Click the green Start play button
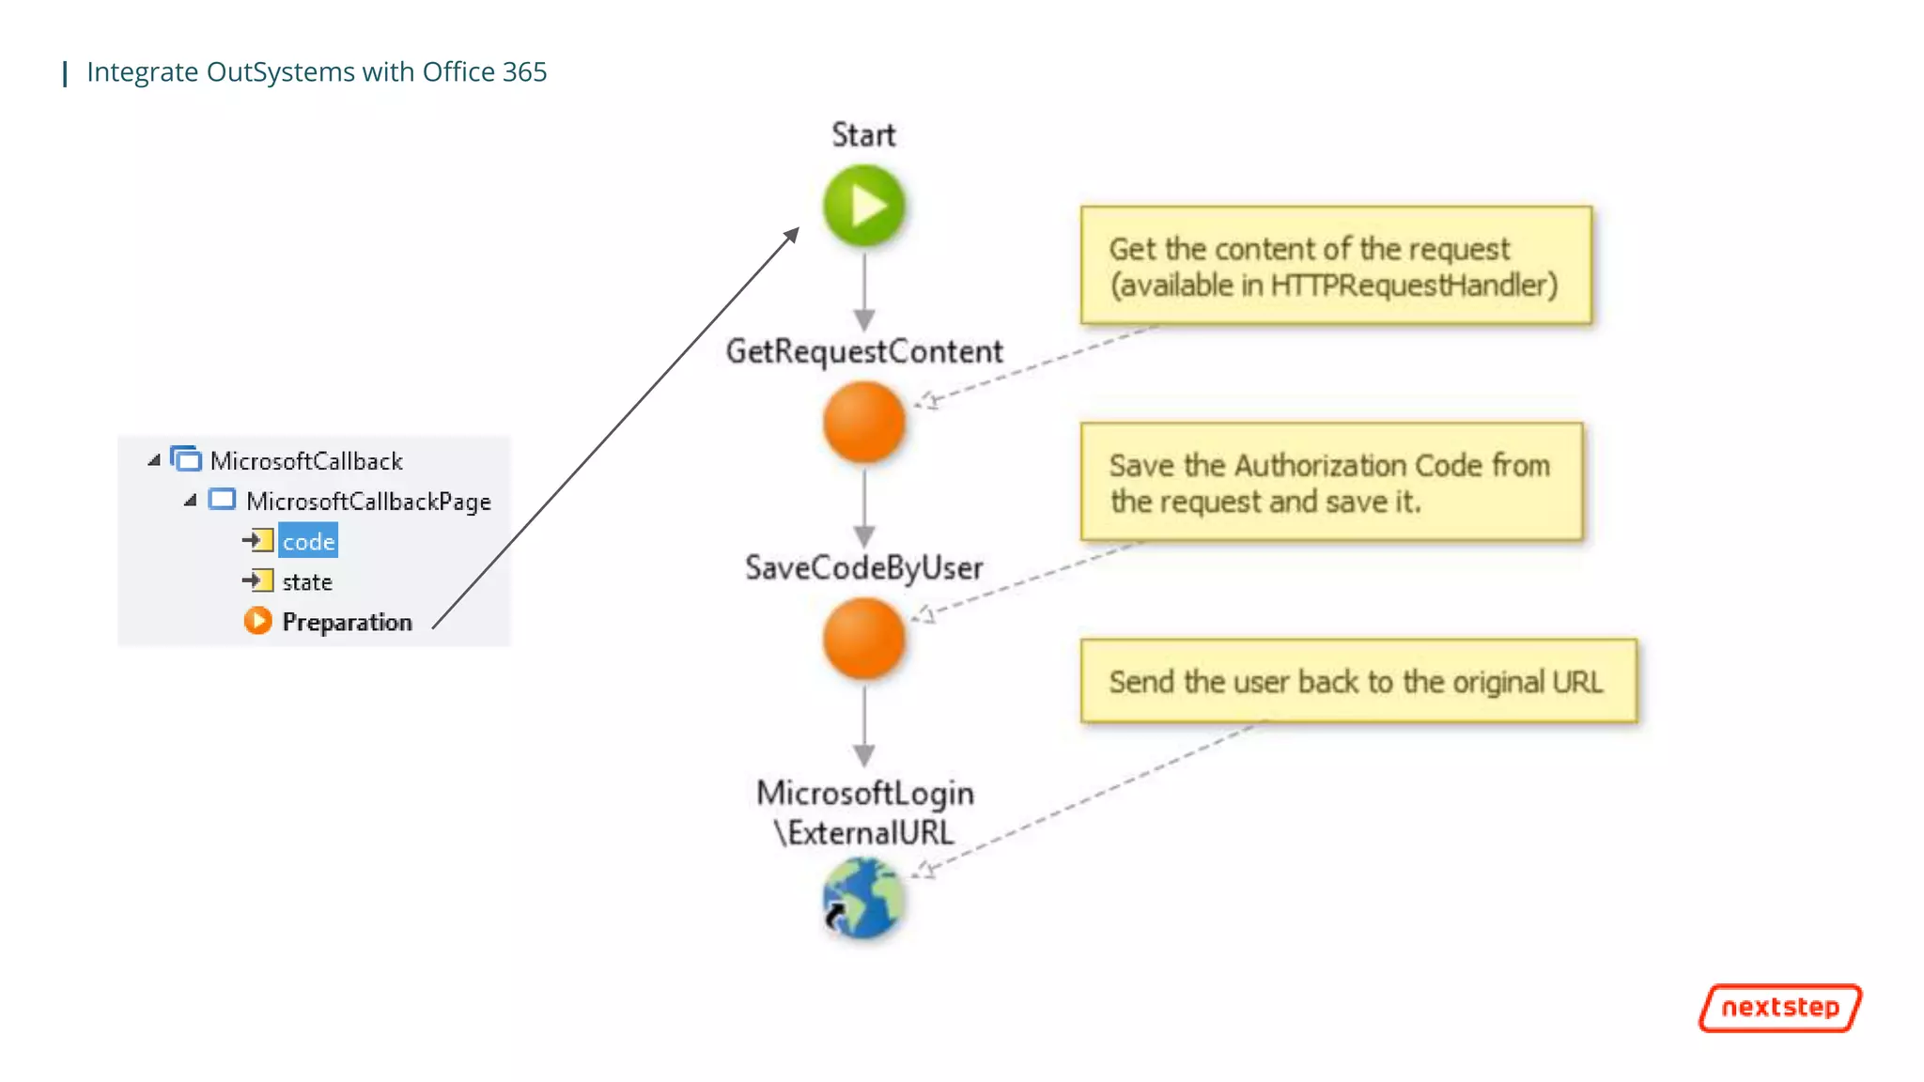(863, 206)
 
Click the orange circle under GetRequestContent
(863, 422)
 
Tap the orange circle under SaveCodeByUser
(863, 639)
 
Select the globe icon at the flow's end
(863, 899)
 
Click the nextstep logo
(1779, 1008)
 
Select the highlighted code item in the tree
(308, 542)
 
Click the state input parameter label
(307, 582)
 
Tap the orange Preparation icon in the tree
(257, 622)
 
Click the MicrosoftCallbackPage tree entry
(368, 502)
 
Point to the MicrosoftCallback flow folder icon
(186, 459)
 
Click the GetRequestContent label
(863, 351)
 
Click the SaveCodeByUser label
(863, 568)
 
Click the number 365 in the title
(524, 72)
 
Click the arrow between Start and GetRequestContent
(864, 291)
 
